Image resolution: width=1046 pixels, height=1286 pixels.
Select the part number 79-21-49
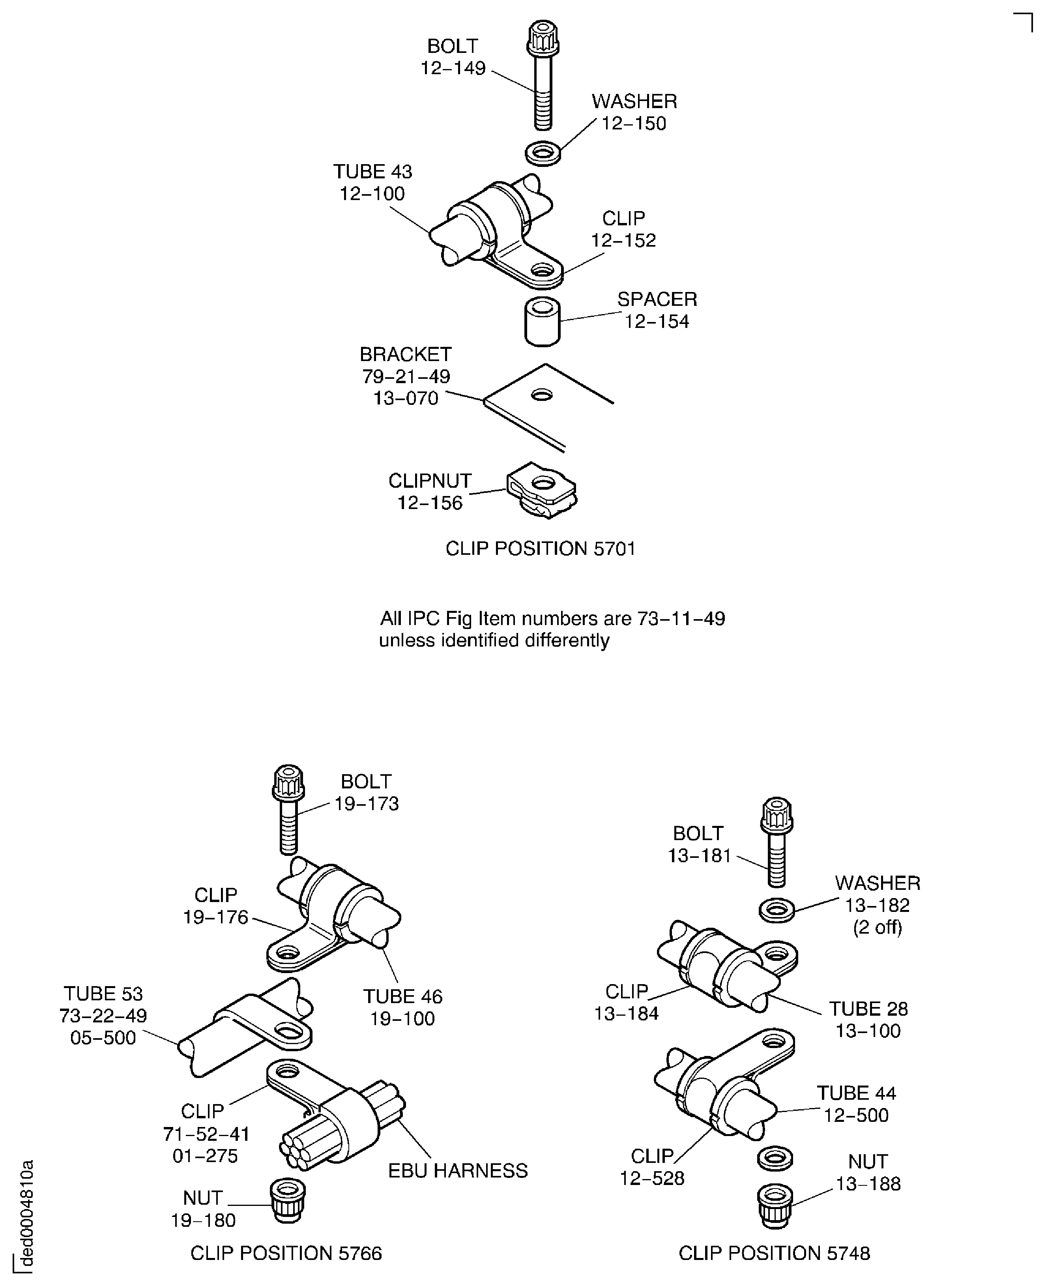406,376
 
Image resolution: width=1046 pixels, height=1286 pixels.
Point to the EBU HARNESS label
457,1170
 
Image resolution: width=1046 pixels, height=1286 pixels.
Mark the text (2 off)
877,927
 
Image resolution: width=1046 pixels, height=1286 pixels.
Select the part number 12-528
652,1177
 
